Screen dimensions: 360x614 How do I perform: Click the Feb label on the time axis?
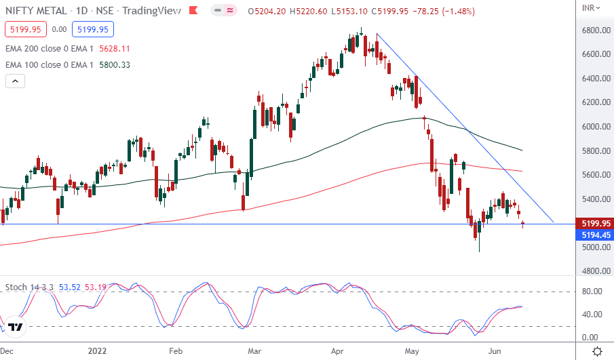176,351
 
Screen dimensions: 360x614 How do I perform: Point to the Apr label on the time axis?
337,351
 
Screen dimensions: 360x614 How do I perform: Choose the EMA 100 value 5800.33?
115,64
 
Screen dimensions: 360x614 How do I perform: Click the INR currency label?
590,7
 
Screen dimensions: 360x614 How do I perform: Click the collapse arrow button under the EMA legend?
16,81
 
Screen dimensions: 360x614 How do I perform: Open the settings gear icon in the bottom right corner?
597,351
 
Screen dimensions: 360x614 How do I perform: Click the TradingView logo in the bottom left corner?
16,328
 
